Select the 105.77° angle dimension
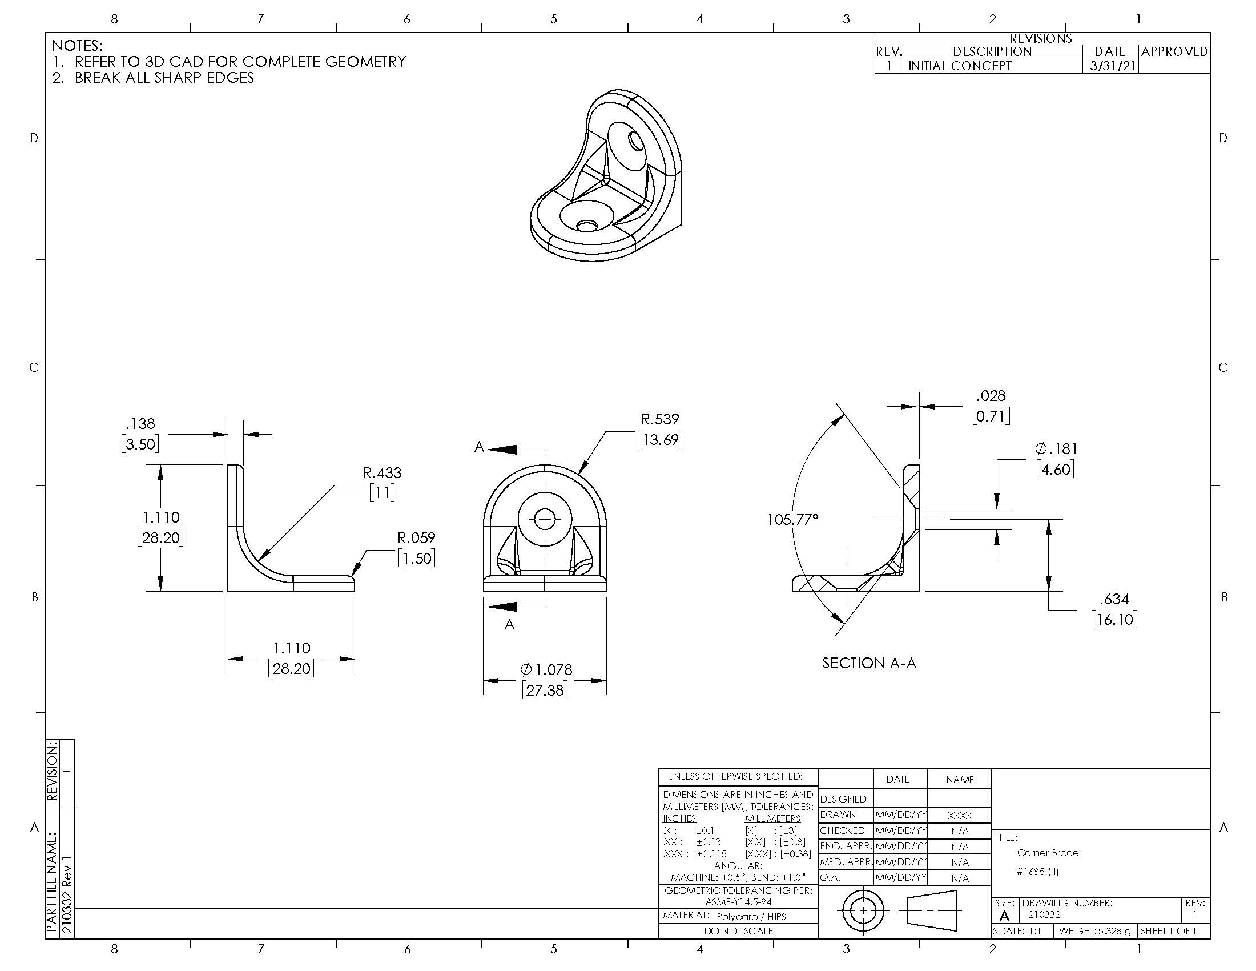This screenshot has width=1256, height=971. click(792, 519)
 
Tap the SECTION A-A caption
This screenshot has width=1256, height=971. click(869, 663)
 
